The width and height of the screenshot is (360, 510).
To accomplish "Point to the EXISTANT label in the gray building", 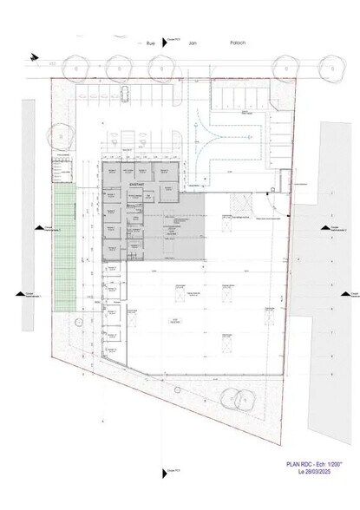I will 136,185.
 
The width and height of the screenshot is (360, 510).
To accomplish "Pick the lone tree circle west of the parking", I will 63,136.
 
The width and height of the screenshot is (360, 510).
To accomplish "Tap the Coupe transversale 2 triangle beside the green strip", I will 37,229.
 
